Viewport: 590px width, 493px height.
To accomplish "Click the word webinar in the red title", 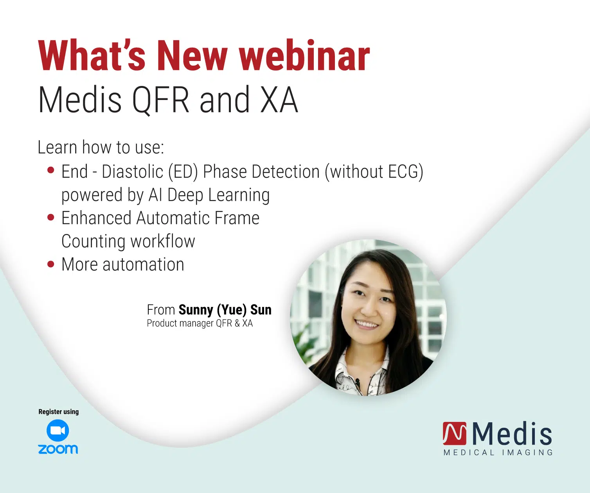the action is point(305,55).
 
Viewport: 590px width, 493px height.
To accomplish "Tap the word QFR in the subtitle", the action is point(160,100).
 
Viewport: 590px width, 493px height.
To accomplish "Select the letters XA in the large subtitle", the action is point(279,100).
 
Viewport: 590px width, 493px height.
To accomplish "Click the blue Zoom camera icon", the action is point(58,430).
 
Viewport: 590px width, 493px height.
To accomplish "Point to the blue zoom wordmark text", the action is point(58,449).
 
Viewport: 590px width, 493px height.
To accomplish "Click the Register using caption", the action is point(59,412).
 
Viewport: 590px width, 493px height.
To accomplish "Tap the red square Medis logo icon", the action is point(454,434).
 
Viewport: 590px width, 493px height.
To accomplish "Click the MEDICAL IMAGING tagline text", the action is point(498,453).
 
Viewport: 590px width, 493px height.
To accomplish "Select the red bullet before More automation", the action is point(51,264).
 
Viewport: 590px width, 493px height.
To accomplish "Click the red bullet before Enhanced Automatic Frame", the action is point(51,217).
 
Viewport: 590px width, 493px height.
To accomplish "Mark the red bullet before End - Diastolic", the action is point(51,170).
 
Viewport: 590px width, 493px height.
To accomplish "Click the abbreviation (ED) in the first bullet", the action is point(183,171).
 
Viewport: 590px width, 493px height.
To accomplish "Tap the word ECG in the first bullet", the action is point(403,171).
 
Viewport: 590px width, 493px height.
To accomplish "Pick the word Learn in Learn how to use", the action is point(58,147).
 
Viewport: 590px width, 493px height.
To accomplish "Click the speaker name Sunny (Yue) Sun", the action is point(225,310).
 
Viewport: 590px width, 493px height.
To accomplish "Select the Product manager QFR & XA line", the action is point(200,323).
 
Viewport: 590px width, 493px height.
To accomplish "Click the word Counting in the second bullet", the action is point(93,241).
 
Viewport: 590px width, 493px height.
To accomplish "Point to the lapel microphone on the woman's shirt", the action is point(358,382).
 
